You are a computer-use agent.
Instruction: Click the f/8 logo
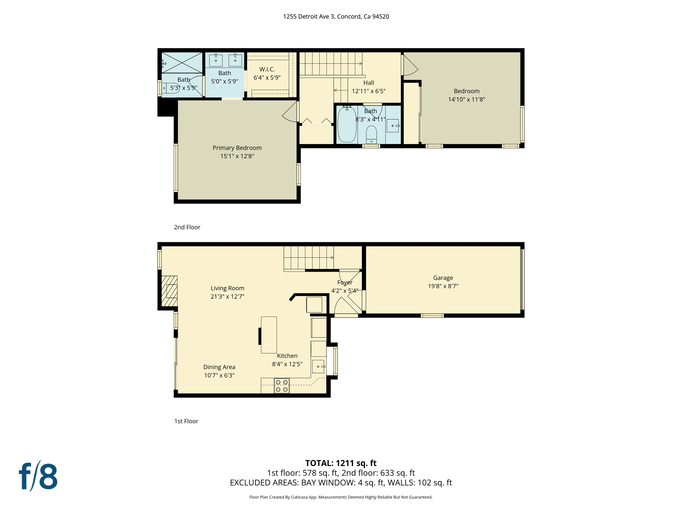[38, 476]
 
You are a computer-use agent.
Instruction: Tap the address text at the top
[336, 17]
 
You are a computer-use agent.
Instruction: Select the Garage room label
[443, 278]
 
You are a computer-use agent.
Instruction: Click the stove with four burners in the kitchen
[281, 386]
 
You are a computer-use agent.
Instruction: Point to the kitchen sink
[318, 366]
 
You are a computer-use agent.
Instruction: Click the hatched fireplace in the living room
[169, 291]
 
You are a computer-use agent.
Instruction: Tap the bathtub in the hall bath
[347, 124]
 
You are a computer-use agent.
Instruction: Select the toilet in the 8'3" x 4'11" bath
[371, 134]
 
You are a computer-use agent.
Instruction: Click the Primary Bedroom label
[237, 148]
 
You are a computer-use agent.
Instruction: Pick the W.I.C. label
[267, 69]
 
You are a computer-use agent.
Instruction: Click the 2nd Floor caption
[187, 227]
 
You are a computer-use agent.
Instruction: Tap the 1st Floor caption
[186, 421]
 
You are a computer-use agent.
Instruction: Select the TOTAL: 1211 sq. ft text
[341, 463]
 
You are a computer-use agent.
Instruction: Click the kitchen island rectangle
[269, 335]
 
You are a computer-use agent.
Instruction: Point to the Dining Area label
[219, 367]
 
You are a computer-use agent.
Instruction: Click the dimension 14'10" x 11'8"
[466, 99]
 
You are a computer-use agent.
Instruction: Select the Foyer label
[345, 282]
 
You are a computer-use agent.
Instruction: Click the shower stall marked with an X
[182, 62]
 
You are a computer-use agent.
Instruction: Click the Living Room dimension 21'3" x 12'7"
[227, 296]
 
